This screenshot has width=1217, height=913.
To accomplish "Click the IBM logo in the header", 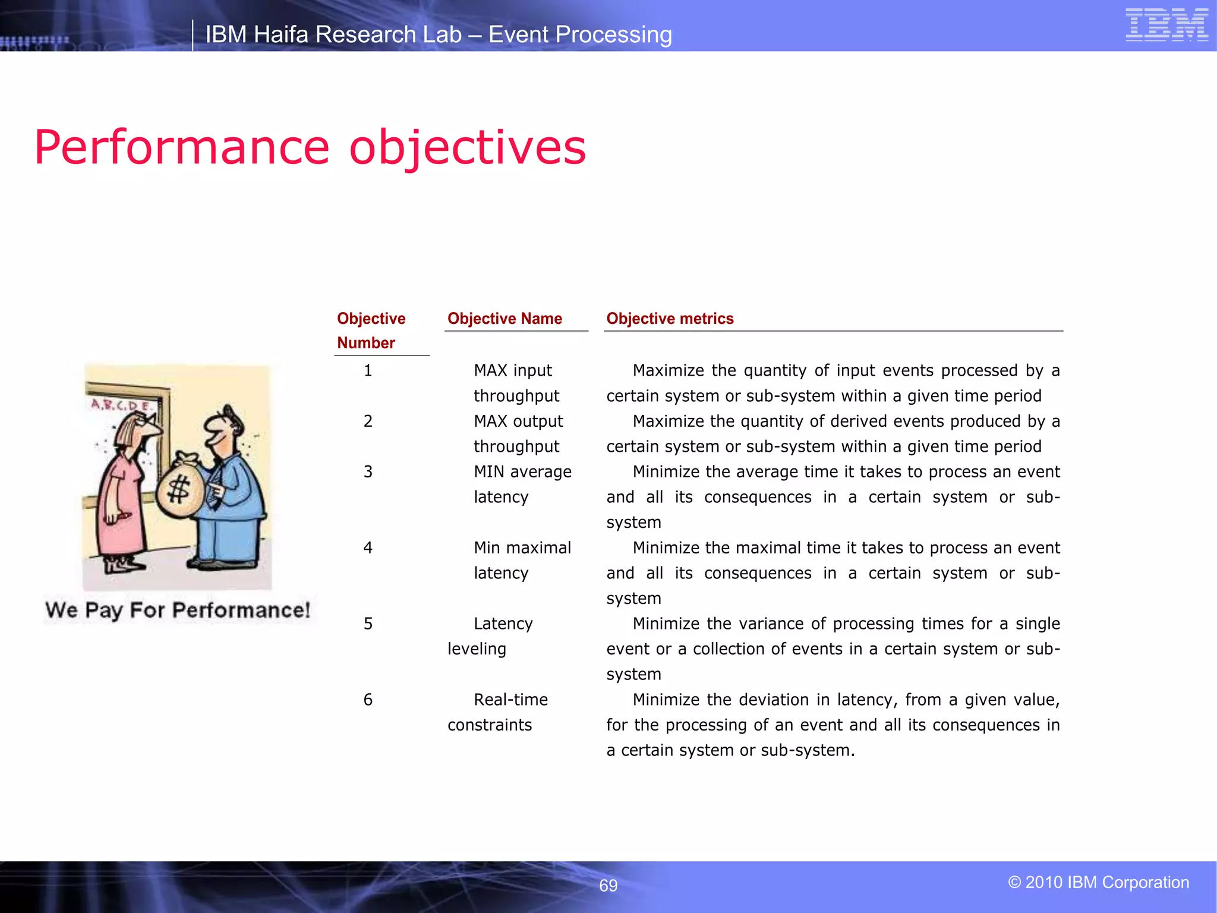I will [x=1166, y=25].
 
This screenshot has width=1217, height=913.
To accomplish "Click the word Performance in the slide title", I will [x=181, y=147].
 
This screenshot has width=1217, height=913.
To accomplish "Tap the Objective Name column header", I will [x=505, y=319].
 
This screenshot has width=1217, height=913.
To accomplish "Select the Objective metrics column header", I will [x=670, y=319].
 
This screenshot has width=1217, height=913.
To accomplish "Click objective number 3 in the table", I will [x=368, y=472].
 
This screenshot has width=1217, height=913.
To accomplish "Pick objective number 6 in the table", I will [x=368, y=700].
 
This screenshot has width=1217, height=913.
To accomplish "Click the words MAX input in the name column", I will [x=513, y=370].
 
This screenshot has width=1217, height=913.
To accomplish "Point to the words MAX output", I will [x=518, y=421].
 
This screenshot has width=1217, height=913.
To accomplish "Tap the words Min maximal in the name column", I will [x=522, y=547].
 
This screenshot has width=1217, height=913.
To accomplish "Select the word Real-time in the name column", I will [x=510, y=700].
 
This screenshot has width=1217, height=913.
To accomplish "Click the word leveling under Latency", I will [x=477, y=649].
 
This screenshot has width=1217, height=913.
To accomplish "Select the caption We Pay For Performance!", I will [x=178, y=610].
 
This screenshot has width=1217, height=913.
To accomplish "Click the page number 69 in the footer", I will [x=608, y=886].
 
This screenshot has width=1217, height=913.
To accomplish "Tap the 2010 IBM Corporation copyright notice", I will [x=1098, y=882].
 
